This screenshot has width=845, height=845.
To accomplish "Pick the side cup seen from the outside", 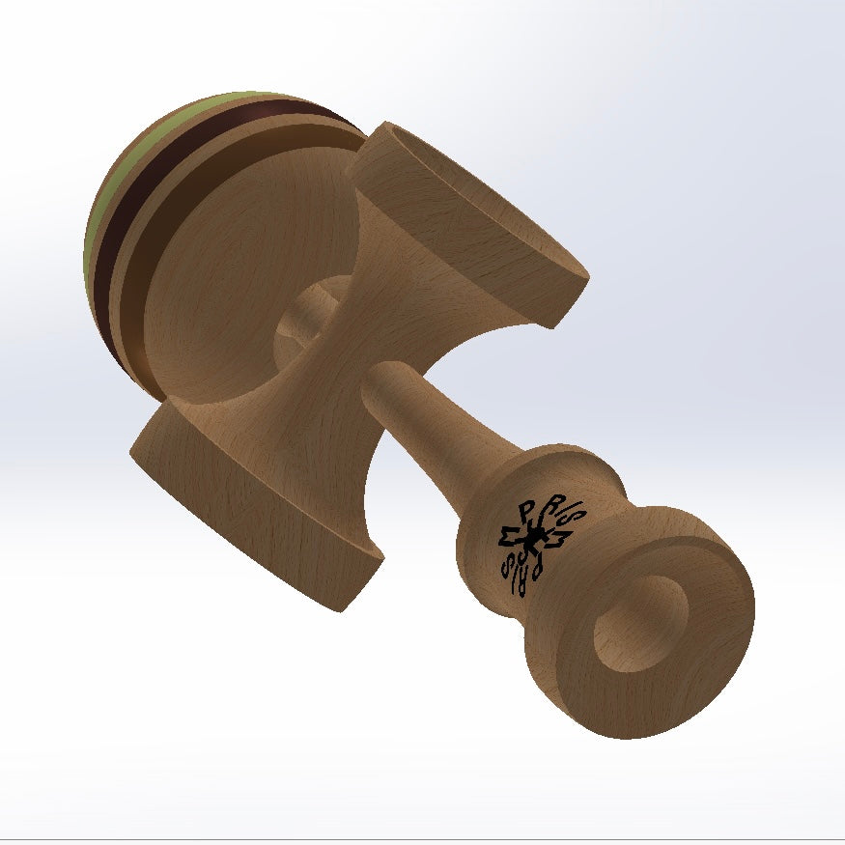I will click(x=251, y=502).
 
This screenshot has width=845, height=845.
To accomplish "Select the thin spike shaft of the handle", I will click(x=425, y=425).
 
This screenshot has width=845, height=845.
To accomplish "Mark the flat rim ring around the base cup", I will click(x=705, y=599).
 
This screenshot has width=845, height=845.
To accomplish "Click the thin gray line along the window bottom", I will click(x=422, y=836).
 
